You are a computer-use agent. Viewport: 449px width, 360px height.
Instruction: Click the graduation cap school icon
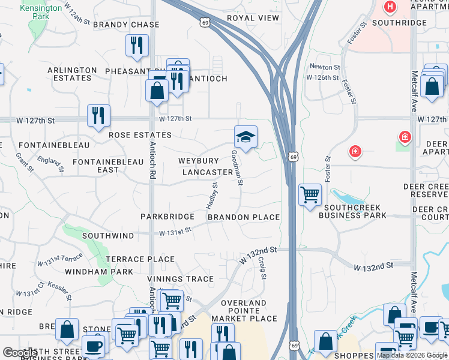(x=246, y=137)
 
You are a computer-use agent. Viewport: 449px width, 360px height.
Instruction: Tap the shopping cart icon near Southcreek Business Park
(x=310, y=195)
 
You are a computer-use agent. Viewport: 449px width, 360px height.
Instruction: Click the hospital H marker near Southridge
(x=390, y=8)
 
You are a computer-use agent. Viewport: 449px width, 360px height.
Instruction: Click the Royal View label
(x=253, y=18)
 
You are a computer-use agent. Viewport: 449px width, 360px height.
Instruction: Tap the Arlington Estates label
(x=72, y=74)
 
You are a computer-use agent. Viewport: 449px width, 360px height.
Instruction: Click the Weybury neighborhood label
(x=198, y=161)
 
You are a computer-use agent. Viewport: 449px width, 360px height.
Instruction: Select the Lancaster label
(x=207, y=172)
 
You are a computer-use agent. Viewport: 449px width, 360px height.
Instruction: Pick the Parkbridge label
(x=167, y=216)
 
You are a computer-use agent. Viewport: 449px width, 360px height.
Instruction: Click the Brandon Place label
(x=244, y=217)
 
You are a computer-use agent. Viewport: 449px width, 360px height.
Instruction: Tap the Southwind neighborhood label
(x=107, y=236)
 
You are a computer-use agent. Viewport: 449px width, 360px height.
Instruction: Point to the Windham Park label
(x=107, y=272)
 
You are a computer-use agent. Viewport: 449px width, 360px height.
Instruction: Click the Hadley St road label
(x=212, y=196)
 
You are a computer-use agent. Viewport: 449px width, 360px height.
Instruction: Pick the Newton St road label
(x=325, y=67)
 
